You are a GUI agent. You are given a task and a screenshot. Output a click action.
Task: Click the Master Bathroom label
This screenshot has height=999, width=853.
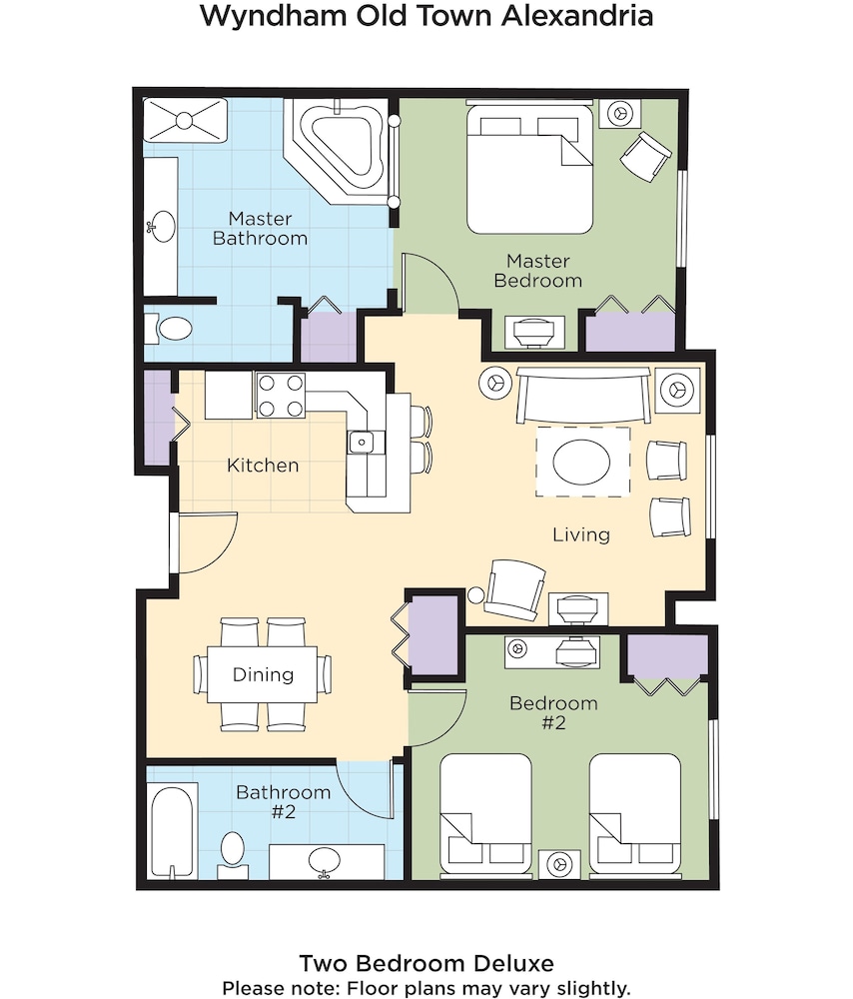point(260,228)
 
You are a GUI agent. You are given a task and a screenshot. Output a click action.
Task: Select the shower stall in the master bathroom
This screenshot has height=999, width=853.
point(185,120)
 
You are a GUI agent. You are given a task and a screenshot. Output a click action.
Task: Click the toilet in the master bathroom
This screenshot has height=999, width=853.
point(169,329)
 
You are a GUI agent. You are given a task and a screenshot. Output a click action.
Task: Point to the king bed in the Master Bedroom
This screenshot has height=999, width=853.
point(530,168)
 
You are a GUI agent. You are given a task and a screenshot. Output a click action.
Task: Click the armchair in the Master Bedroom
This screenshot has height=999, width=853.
point(646,157)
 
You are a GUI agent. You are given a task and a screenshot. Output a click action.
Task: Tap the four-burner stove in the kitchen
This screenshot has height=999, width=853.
point(281,396)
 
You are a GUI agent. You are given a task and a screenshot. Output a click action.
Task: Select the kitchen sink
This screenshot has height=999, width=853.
point(362,442)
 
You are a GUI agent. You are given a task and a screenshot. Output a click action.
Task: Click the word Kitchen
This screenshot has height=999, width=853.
point(263,466)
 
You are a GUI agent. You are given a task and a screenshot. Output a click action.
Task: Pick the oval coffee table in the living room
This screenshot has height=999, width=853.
point(582,462)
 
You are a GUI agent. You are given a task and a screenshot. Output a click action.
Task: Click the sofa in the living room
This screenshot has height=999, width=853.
point(583,395)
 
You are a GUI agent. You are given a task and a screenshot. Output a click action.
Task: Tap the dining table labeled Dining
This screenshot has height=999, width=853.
point(263,674)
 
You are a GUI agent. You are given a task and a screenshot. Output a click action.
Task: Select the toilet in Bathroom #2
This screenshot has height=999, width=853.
point(232,854)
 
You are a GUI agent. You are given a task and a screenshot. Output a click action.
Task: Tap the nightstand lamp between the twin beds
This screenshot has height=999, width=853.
point(559,865)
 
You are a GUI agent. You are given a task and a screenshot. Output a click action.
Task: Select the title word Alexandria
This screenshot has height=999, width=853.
point(577,15)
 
